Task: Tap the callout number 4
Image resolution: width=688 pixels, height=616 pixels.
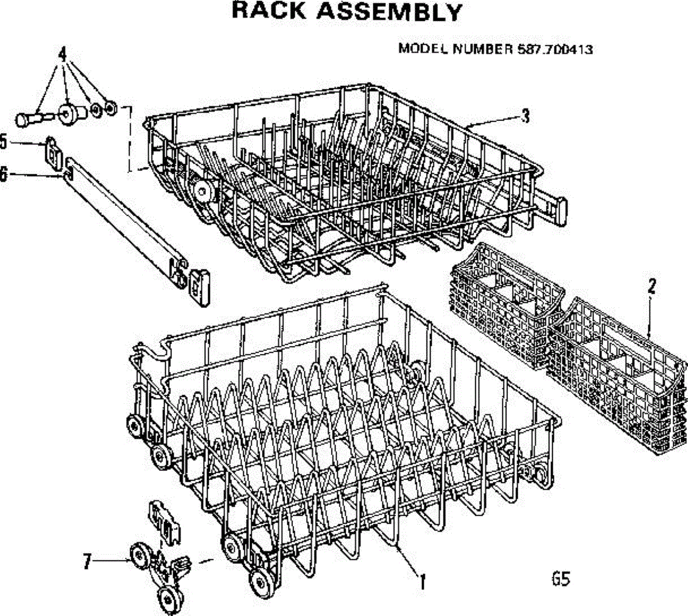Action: pyautogui.click(x=63, y=53)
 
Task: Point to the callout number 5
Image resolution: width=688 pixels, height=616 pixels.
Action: pyautogui.click(x=3, y=141)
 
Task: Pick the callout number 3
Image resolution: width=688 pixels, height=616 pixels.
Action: pyautogui.click(x=525, y=116)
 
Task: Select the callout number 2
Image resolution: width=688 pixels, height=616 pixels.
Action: pyautogui.click(x=651, y=287)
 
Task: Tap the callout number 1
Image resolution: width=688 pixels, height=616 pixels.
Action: pyautogui.click(x=422, y=582)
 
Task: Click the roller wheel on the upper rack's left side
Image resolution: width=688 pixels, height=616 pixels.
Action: pyautogui.click(x=201, y=189)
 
